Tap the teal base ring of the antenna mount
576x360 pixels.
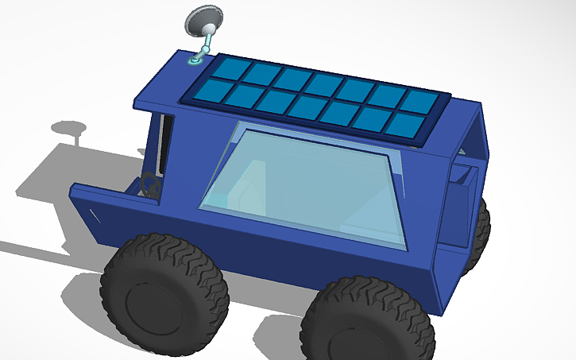point(195,60)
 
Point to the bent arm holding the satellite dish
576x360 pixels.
point(205,45)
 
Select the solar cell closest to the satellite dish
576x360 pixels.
point(229,68)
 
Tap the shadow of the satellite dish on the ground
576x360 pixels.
point(70,129)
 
